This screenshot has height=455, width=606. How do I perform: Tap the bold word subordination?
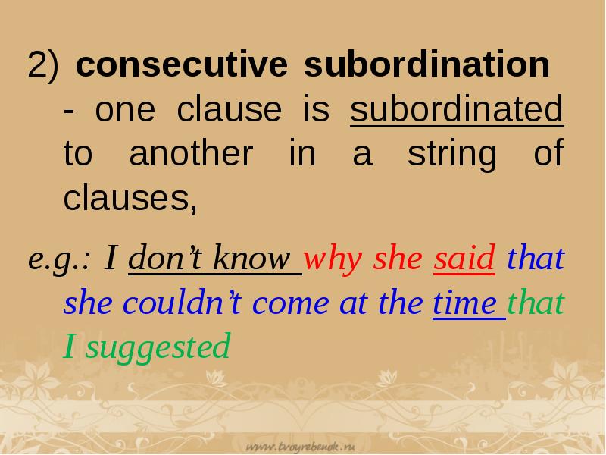[x=426, y=66]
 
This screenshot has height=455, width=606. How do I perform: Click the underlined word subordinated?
[x=457, y=111]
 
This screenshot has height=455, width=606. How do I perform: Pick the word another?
[x=189, y=155]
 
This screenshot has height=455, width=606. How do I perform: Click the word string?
[x=451, y=155]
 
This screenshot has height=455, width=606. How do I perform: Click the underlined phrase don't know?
[x=215, y=259]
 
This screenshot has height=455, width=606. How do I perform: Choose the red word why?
[x=336, y=259]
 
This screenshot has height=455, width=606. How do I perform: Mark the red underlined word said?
[x=464, y=259]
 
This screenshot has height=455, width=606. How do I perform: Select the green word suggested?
[x=157, y=347]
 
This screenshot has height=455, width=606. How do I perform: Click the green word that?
[x=536, y=303]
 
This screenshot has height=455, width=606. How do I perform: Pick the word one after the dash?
[x=125, y=111]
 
